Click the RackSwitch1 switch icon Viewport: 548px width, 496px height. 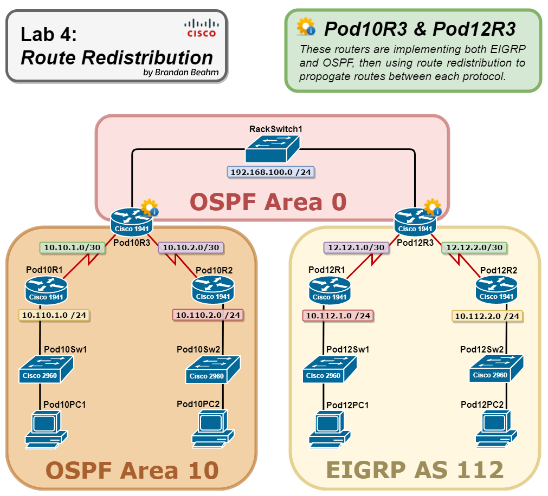pos(272,149)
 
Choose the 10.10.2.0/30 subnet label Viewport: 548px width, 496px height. pos(191,247)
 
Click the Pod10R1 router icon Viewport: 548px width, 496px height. pos(45,290)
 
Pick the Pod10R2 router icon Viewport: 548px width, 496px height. pos(212,290)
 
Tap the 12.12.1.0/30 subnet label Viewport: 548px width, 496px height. pos(354,247)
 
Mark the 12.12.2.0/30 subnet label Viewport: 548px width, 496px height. pos(474,247)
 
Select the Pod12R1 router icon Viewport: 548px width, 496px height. pos(329,290)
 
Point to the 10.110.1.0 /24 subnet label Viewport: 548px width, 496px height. pos(54,315)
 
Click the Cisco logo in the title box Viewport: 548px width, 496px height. pos(201,28)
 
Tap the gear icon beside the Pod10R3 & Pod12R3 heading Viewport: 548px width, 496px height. pos(306,27)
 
